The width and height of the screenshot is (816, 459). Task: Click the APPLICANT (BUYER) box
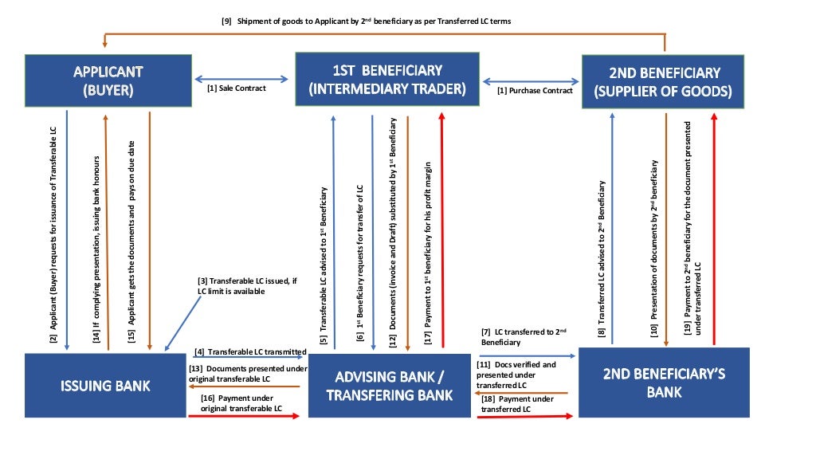tap(108, 81)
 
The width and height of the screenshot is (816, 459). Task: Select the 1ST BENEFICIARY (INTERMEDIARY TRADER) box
tap(387, 80)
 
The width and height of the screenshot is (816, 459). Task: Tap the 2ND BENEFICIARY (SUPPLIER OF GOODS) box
tap(662, 82)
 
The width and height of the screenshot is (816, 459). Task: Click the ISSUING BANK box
tap(105, 386)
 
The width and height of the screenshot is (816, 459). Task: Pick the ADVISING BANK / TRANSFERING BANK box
tap(389, 386)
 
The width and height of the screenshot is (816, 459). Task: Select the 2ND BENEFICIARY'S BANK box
tap(664, 382)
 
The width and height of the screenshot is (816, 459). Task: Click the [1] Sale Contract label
tap(237, 88)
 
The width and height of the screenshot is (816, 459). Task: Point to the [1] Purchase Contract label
tap(535, 91)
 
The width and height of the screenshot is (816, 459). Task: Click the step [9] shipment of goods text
tap(366, 22)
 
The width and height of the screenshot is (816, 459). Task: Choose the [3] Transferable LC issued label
tap(241, 286)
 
